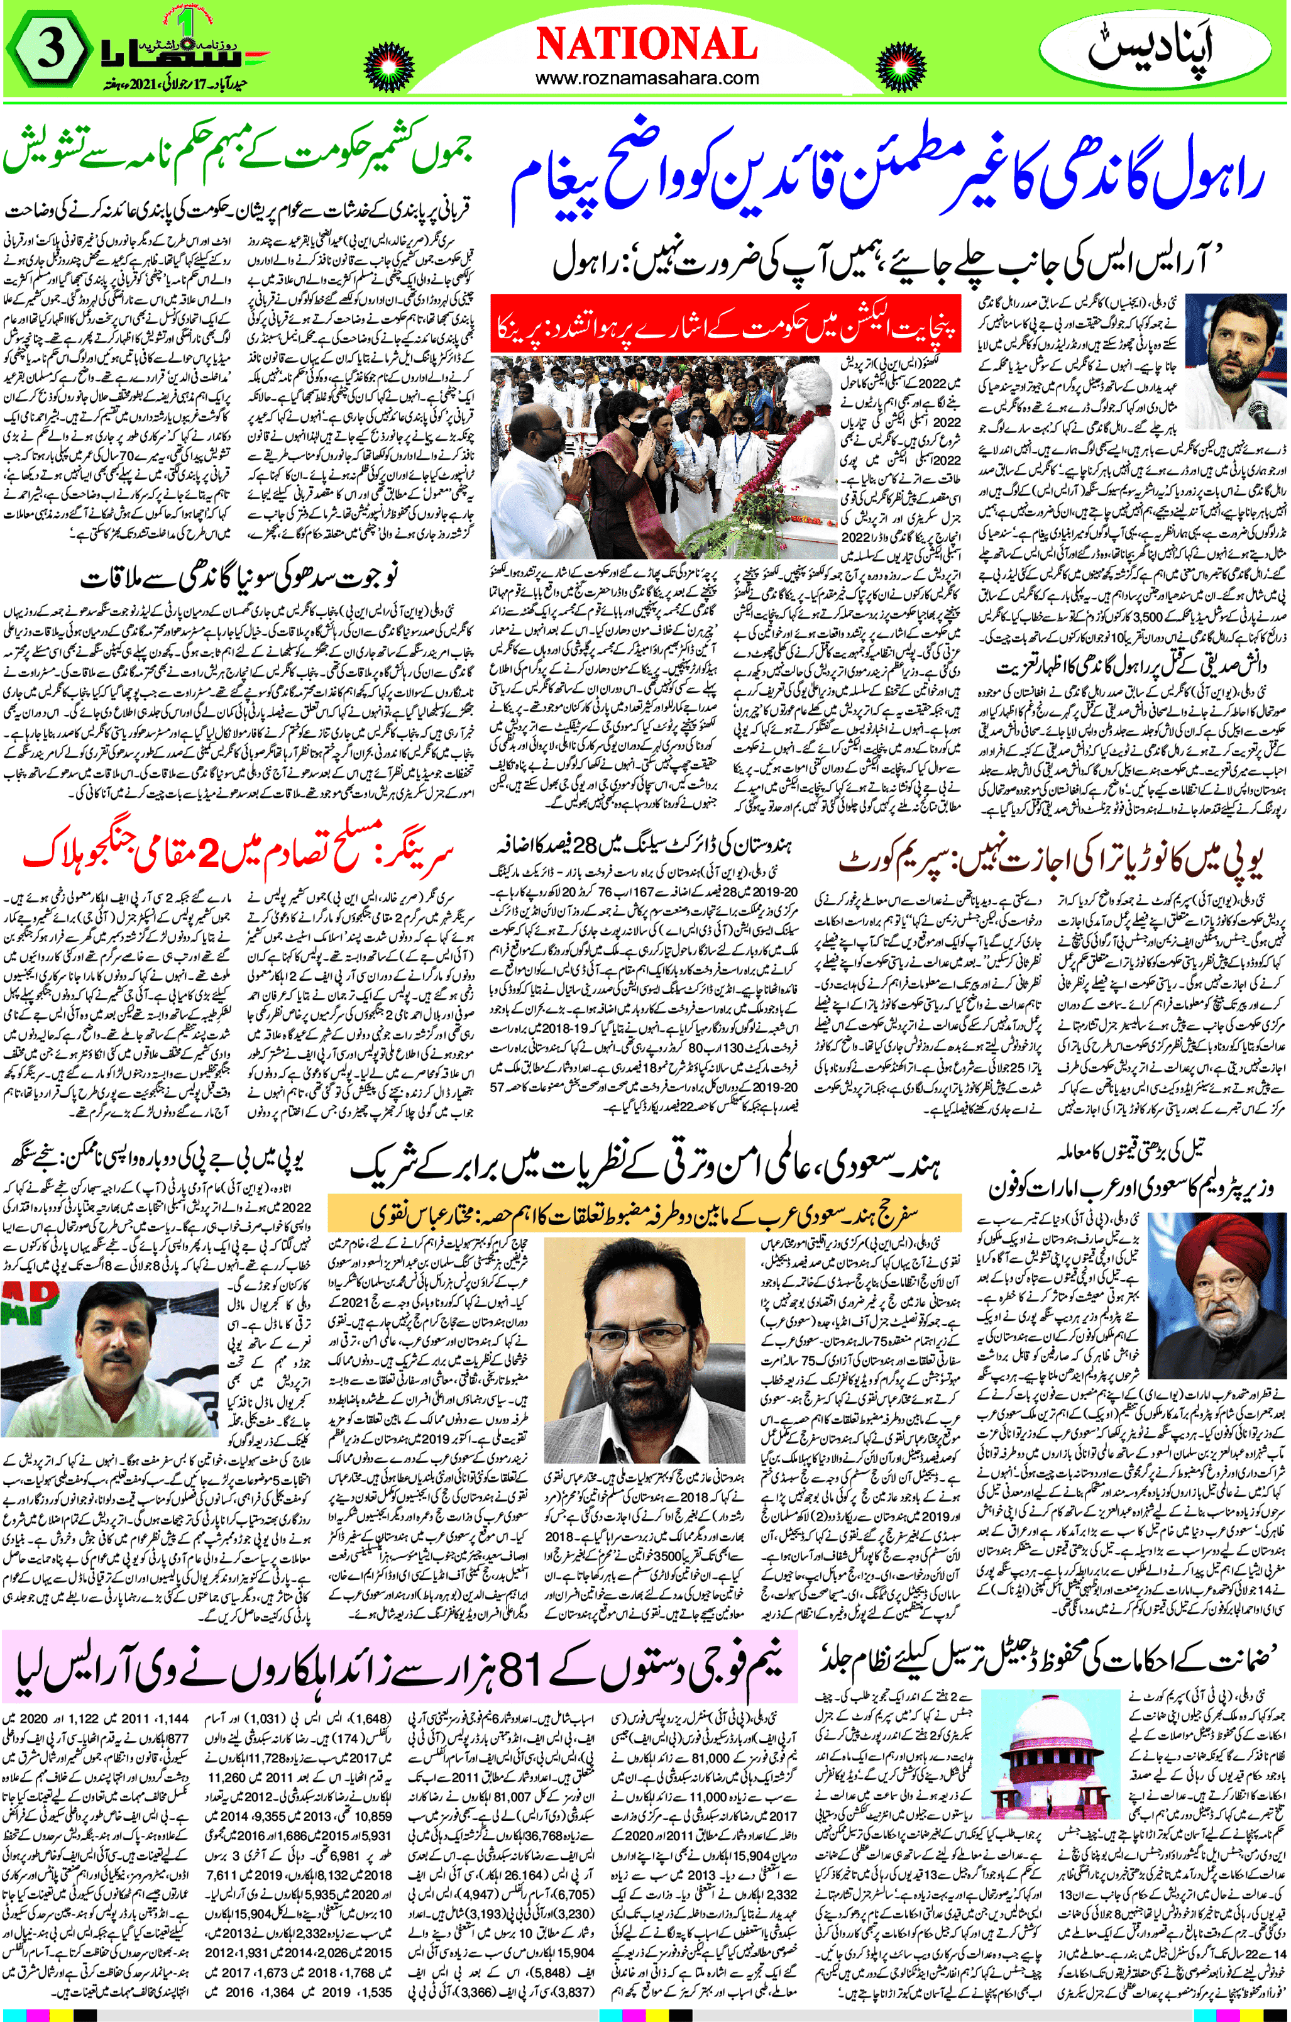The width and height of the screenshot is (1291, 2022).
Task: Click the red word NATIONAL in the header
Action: pos(645,43)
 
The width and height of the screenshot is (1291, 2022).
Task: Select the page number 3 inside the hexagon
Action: pos(50,52)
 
